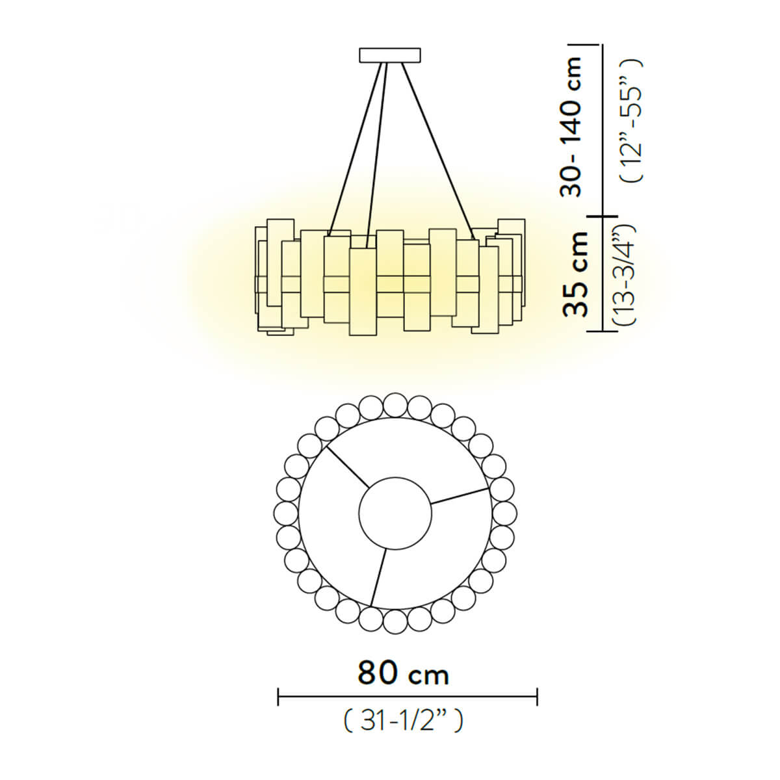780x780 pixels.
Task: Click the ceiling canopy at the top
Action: click(389, 55)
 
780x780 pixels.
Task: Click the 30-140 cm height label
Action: click(574, 127)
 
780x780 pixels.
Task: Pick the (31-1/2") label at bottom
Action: click(403, 720)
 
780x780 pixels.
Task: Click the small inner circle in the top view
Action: click(395, 513)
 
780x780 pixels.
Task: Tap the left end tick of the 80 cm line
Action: click(278, 697)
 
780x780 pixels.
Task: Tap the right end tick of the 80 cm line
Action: click(537, 697)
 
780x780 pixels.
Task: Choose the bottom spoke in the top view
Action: click(378, 577)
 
